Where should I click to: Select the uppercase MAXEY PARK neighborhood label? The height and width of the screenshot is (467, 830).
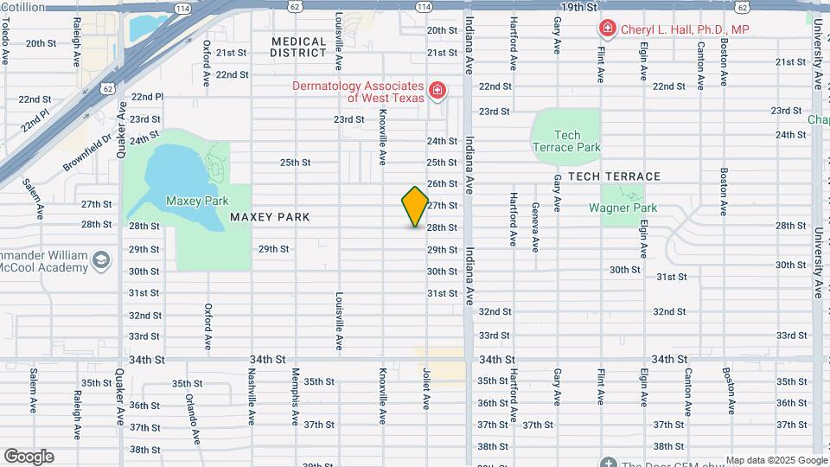click(270, 217)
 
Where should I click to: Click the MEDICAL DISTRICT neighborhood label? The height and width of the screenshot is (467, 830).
click(298, 47)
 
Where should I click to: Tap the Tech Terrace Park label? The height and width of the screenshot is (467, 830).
click(566, 141)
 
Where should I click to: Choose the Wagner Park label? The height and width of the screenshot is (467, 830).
click(622, 208)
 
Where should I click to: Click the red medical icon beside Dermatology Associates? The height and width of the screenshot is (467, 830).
click(437, 91)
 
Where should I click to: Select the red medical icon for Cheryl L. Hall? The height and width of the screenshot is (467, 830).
click(607, 29)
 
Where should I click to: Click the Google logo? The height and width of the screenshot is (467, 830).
click(29, 457)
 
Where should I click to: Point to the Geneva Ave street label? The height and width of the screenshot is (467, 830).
click(535, 227)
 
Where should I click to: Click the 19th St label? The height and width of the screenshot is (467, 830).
click(578, 7)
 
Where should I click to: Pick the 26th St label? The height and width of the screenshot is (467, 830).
click(442, 183)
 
